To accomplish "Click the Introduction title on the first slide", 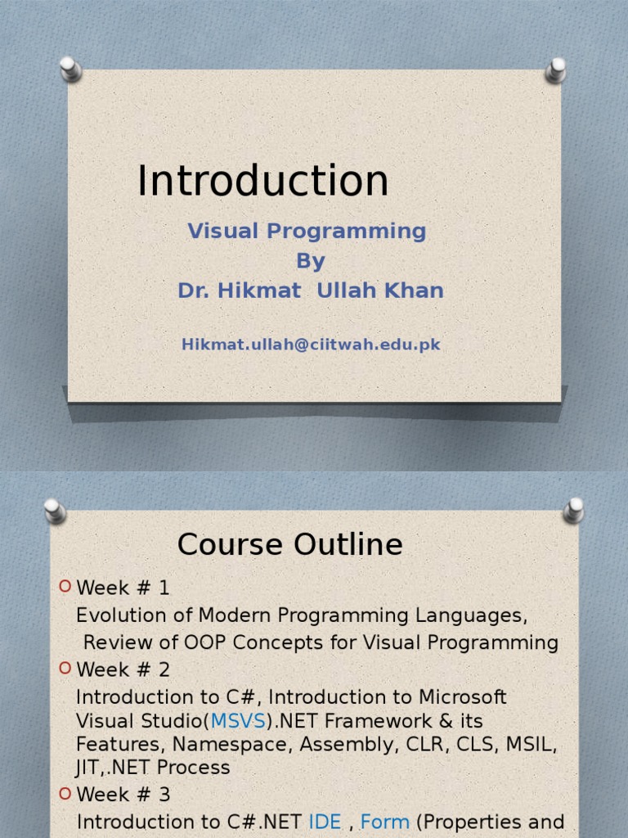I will point(262,181).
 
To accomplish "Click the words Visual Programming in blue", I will point(307,231).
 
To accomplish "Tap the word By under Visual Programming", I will point(311,261).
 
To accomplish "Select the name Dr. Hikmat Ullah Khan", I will point(311,291).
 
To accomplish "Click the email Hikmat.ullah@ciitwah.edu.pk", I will point(311,345).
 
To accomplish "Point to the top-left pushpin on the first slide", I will point(70,69).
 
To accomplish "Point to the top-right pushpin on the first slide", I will point(556,70).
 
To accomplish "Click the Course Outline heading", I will point(289,545).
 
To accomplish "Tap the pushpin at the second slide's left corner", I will point(55,511).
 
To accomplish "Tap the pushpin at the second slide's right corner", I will point(574,510).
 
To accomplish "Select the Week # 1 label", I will point(123,588).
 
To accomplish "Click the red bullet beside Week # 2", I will point(65,669).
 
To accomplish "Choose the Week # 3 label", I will point(123,795).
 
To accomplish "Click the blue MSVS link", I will point(238,721).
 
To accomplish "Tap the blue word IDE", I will point(325,822).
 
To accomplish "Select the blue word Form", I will point(384,822).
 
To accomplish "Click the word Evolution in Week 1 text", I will point(115,615).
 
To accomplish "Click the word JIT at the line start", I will point(87,768).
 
